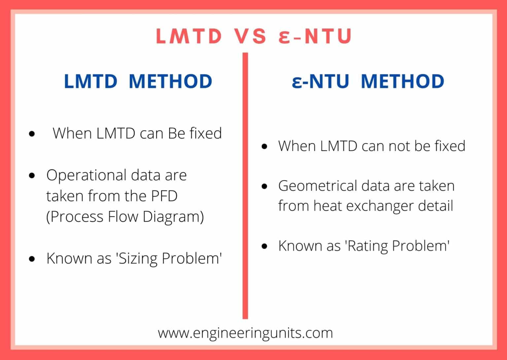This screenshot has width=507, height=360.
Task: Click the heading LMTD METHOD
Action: [x=138, y=81]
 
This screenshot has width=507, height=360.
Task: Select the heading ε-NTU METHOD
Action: [x=368, y=81]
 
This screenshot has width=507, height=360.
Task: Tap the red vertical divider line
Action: [x=245, y=185]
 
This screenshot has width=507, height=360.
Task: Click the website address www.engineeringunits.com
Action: [x=245, y=333]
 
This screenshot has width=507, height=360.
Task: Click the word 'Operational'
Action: [x=86, y=175]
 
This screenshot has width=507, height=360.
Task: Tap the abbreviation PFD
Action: [x=164, y=196]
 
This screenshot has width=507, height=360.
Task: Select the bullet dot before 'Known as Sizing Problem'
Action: [x=32, y=259]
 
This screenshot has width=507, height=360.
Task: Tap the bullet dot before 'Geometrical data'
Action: [x=264, y=187]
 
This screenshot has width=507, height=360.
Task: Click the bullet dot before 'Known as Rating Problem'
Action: [x=264, y=246]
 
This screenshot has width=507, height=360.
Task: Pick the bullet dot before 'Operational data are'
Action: [x=32, y=176]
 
